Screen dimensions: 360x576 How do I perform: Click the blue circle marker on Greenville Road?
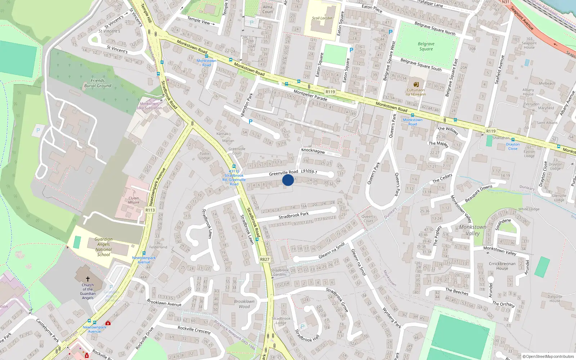pyautogui.click(x=288, y=180)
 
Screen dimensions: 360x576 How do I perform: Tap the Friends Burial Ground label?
pyautogui.click(x=98, y=83)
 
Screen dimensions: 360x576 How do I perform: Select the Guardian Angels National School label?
pyautogui.click(x=104, y=247)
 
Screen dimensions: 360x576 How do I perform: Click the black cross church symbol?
pyautogui.click(x=87, y=279)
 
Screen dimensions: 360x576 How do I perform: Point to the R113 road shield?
pyautogui.click(x=150, y=210)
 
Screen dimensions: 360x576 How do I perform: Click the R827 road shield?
pyautogui.click(x=265, y=259)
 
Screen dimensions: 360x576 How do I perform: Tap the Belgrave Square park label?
pyautogui.click(x=426, y=46)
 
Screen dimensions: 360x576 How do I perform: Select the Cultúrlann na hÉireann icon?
pyautogui.click(x=416, y=84)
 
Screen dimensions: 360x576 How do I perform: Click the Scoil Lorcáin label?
pyautogui.click(x=322, y=18)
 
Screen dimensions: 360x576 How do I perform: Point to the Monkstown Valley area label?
pyautogui.click(x=473, y=230)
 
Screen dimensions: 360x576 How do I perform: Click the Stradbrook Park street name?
pyautogui.click(x=293, y=215)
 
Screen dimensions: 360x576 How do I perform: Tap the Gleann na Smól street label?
pyautogui.click(x=332, y=250)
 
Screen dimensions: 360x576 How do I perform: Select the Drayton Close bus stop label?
pyautogui.click(x=513, y=147)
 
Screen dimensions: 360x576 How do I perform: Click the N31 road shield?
pyautogui.click(x=506, y=2)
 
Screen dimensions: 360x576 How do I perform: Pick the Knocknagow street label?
pyautogui.click(x=313, y=151)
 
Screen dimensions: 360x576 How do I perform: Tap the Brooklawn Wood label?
pyautogui.click(x=244, y=304)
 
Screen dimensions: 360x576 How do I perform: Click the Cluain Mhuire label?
pyautogui.click(x=134, y=200)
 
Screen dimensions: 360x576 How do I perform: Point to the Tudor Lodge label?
pyautogui.click(x=204, y=156)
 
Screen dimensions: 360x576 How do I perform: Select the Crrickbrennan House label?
pyautogui.click(x=502, y=266)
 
